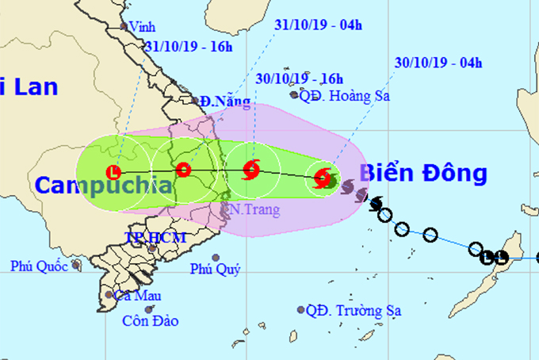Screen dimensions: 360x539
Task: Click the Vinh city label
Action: [143, 26]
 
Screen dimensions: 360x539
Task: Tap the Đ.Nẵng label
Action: [224, 101]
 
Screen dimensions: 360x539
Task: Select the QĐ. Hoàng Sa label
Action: [338, 95]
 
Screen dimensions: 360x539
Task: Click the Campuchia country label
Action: [103, 186]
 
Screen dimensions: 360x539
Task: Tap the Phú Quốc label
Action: [40, 266]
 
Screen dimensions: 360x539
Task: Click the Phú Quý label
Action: [216, 268]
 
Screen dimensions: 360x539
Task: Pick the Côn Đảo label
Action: [151, 321]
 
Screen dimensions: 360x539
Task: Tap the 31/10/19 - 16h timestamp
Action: [189, 46]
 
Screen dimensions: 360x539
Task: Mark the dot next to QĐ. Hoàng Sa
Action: [294, 95]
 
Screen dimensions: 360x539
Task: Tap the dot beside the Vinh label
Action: [124, 26]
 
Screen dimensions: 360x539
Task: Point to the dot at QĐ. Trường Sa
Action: [301, 310]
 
